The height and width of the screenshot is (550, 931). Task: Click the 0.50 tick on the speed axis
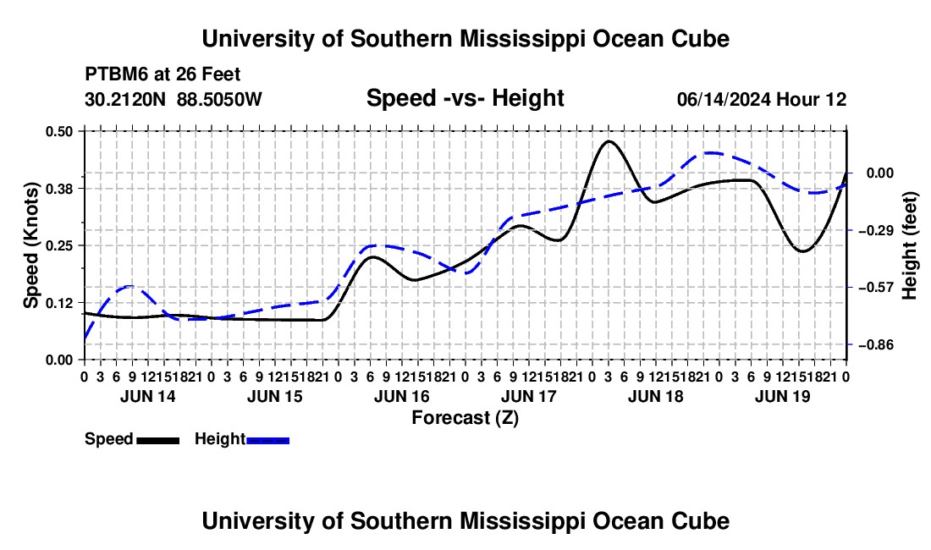[x=58, y=131]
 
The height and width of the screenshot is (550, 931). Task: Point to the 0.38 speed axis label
[x=58, y=189]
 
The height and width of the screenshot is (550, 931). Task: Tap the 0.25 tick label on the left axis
[x=58, y=245]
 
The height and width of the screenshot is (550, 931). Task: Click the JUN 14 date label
[x=148, y=397]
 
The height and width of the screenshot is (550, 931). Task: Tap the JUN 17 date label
[x=529, y=397]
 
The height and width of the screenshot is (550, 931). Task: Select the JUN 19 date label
[x=783, y=397]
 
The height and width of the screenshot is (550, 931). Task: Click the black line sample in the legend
[x=158, y=441]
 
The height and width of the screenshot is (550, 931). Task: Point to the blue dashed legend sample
[x=267, y=441]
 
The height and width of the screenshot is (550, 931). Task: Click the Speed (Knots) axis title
[x=30, y=245]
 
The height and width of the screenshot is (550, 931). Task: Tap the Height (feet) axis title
[x=909, y=245]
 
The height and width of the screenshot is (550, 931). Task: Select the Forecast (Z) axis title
[x=465, y=418]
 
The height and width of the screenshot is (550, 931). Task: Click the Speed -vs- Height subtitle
[x=465, y=98]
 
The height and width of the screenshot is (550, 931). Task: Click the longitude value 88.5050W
[x=219, y=99]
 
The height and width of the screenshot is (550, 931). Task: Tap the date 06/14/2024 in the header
[x=724, y=99]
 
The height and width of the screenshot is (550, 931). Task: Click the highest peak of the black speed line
[x=608, y=141]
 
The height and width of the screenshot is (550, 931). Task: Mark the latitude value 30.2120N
[x=125, y=99]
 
